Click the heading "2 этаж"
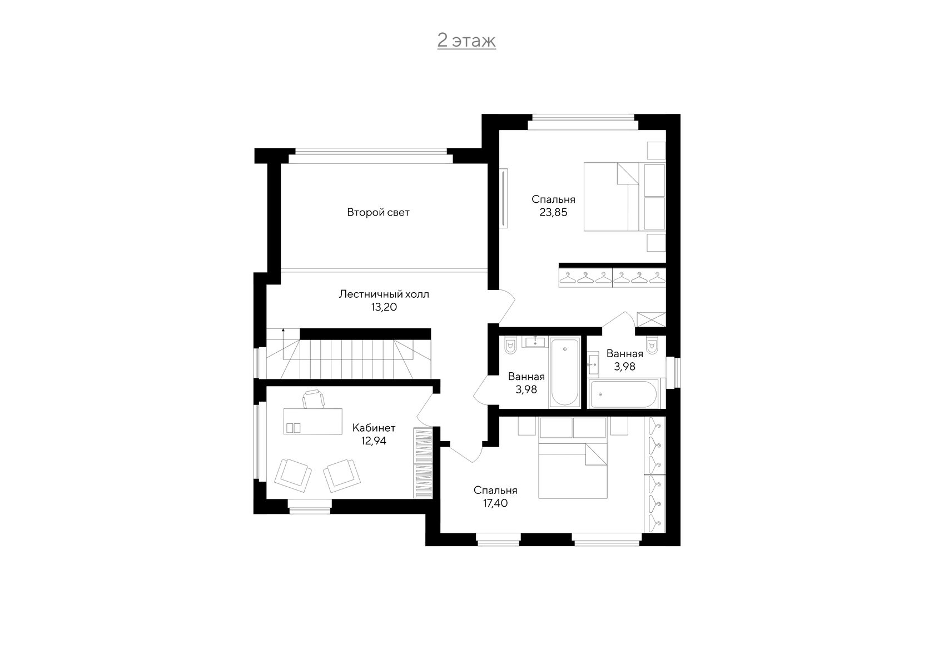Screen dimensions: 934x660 [x=466, y=41]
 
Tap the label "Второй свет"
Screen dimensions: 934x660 [x=378, y=212]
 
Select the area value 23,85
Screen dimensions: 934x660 [x=553, y=212]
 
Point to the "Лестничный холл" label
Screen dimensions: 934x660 [x=384, y=294]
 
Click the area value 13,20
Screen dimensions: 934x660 [x=384, y=307]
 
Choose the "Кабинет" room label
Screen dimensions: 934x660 [x=374, y=428]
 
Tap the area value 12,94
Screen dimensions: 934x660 [x=374, y=441]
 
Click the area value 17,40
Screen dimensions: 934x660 [x=495, y=503]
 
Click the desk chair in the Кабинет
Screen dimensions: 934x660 [x=313, y=399]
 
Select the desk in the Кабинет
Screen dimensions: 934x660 [x=312, y=421]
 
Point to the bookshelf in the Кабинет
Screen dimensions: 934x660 [x=423, y=463]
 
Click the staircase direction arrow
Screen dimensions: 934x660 [x=283, y=342]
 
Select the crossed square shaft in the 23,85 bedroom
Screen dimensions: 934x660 [x=652, y=319]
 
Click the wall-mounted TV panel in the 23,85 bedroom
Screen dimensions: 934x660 [x=504, y=198]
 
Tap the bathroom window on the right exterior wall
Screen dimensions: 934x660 [x=673, y=372]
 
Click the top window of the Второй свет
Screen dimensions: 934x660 [x=371, y=156]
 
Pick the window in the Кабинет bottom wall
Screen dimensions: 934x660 [x=309, y=506]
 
